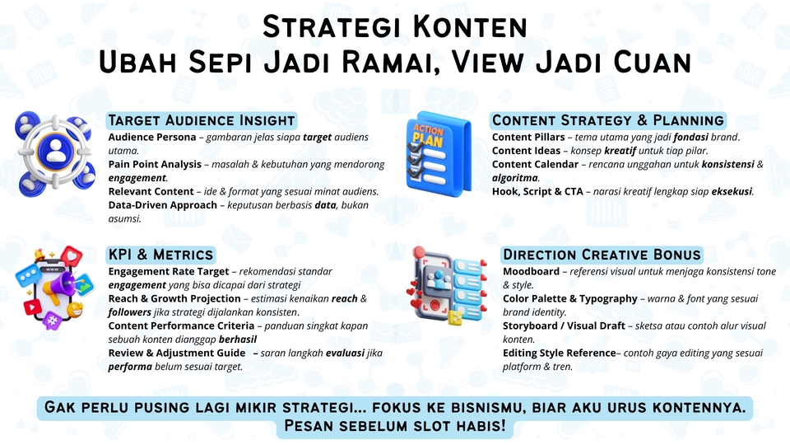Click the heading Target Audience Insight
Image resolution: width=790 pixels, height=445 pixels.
tap(201, 120)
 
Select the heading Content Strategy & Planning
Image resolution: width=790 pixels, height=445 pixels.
tap(607, 120)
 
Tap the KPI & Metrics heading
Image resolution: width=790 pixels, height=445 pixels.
tap(160, 254)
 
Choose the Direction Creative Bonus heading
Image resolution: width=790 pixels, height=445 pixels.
tap(602, 254)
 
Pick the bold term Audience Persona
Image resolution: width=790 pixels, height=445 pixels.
tap(152, 137)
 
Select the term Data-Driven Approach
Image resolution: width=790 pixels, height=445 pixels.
tap(163, 205)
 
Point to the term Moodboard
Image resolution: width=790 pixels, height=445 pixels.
tap(532, 271)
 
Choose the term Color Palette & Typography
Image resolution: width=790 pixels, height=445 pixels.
tap(569, 298)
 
